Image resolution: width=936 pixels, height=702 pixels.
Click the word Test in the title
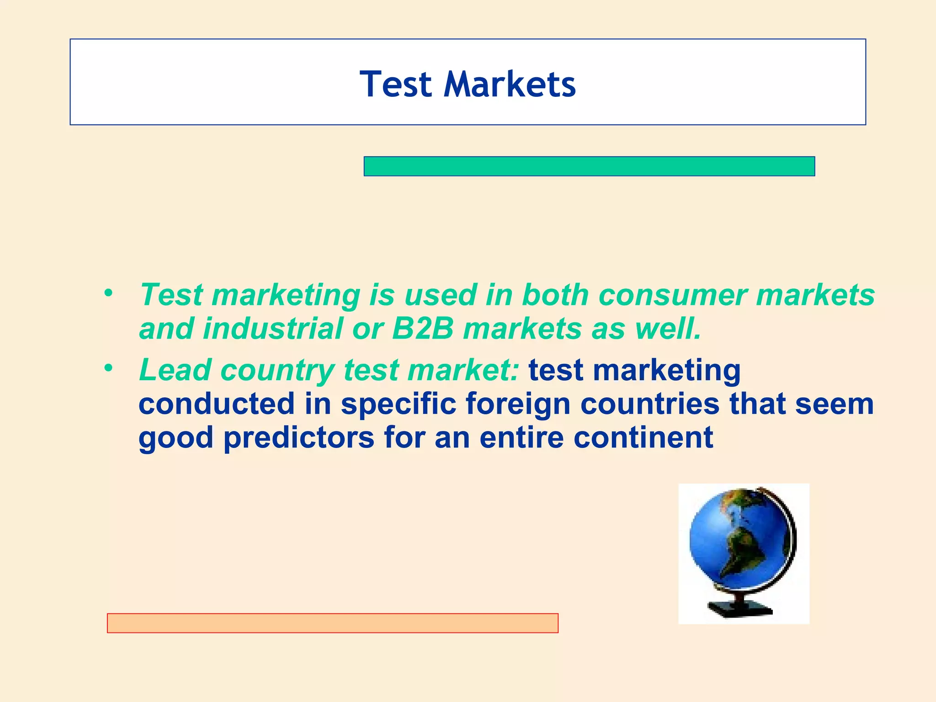[396, 85]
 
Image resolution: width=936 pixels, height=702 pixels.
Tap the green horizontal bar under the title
[589, 166]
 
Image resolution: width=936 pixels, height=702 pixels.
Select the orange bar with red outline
[332, 623]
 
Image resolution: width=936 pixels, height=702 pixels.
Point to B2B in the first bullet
[423, 329]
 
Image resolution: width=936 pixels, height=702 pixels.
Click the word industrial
[273, 329]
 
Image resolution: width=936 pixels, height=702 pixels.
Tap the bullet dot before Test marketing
[108, 293]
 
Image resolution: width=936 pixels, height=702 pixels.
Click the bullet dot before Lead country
[108, 368]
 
